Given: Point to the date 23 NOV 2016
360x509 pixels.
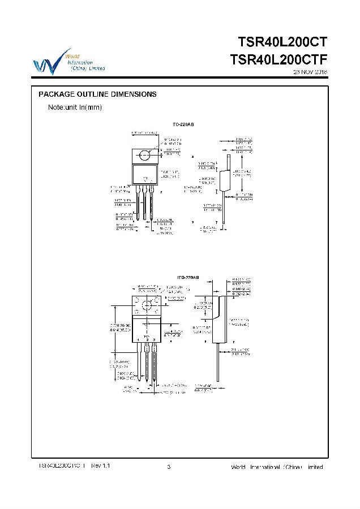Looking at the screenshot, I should coord(310,72).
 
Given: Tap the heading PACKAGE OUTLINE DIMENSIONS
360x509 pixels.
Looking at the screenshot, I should coord(97,94).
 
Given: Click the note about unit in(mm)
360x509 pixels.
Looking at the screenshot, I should coord(75,107).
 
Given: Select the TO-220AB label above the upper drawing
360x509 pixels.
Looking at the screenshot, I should coord(183,124).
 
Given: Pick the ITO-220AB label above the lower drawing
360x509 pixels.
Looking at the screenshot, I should coord(188,278).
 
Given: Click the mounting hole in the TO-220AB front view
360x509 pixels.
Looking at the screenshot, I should coord(145,156).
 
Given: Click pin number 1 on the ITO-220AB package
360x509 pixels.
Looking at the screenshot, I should coord(138,339).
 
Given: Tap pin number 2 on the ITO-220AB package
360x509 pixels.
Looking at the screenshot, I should coord(147,339).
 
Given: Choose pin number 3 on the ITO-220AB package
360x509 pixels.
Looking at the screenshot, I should coord(155,339).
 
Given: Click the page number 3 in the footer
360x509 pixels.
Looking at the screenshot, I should coord(169,467).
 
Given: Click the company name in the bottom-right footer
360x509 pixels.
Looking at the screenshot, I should coord(277,467).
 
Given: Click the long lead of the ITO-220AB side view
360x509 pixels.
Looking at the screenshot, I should coord(218,362).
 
